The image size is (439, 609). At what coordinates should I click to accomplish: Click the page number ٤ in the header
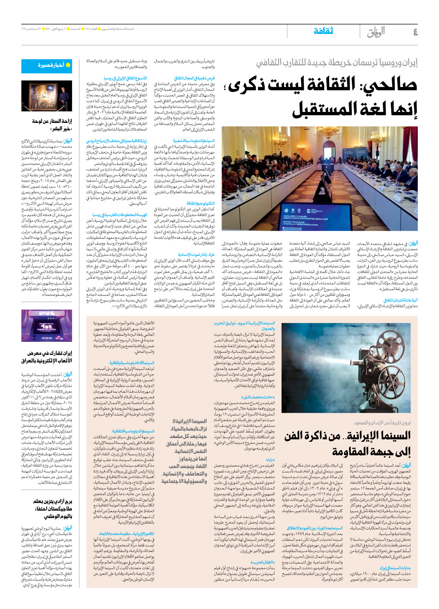(415, 32)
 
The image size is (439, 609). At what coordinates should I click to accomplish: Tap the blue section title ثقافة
(323, 31)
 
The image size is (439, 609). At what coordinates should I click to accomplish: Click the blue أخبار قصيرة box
(46, 66)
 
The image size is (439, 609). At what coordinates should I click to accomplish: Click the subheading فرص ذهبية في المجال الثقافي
(194, 78)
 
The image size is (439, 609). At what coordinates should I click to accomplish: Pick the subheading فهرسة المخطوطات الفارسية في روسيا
(120, 215)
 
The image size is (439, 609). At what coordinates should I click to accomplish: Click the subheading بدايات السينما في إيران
(395, 568)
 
